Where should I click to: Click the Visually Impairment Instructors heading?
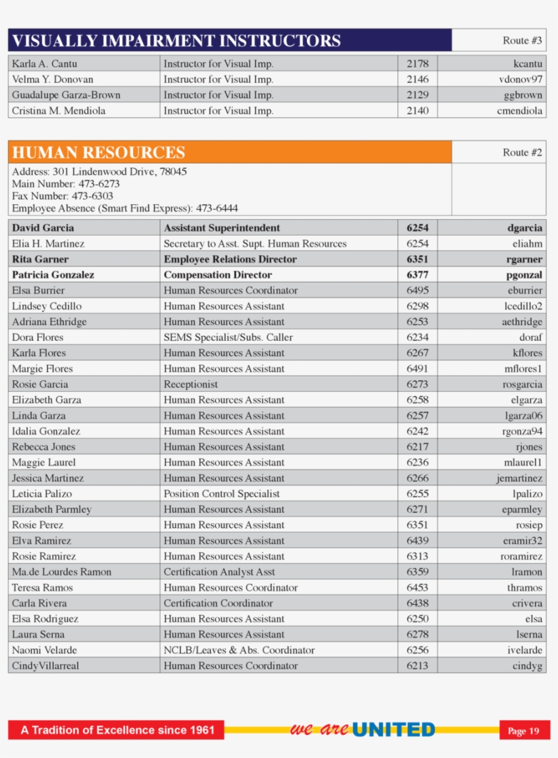point(176,41)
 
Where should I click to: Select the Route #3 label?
point(522,41)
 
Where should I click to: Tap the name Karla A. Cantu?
point(45,64)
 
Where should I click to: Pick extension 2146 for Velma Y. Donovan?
point(417,80)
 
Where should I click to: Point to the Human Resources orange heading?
point(99,152)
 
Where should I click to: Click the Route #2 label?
point(522,152)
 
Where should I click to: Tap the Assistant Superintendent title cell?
point(222,228)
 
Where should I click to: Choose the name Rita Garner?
point(40,259)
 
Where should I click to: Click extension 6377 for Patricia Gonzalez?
point(417,275)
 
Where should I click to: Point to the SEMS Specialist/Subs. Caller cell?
point(228,337)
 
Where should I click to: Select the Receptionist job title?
point(191,384)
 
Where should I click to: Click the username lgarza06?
point(523,416)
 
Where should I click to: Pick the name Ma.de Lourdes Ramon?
point(61,572)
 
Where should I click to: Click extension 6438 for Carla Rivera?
point(417,604)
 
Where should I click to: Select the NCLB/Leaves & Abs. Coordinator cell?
point(239,650)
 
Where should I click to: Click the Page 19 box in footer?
point(524,731)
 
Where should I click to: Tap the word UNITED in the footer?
point(393,730)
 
